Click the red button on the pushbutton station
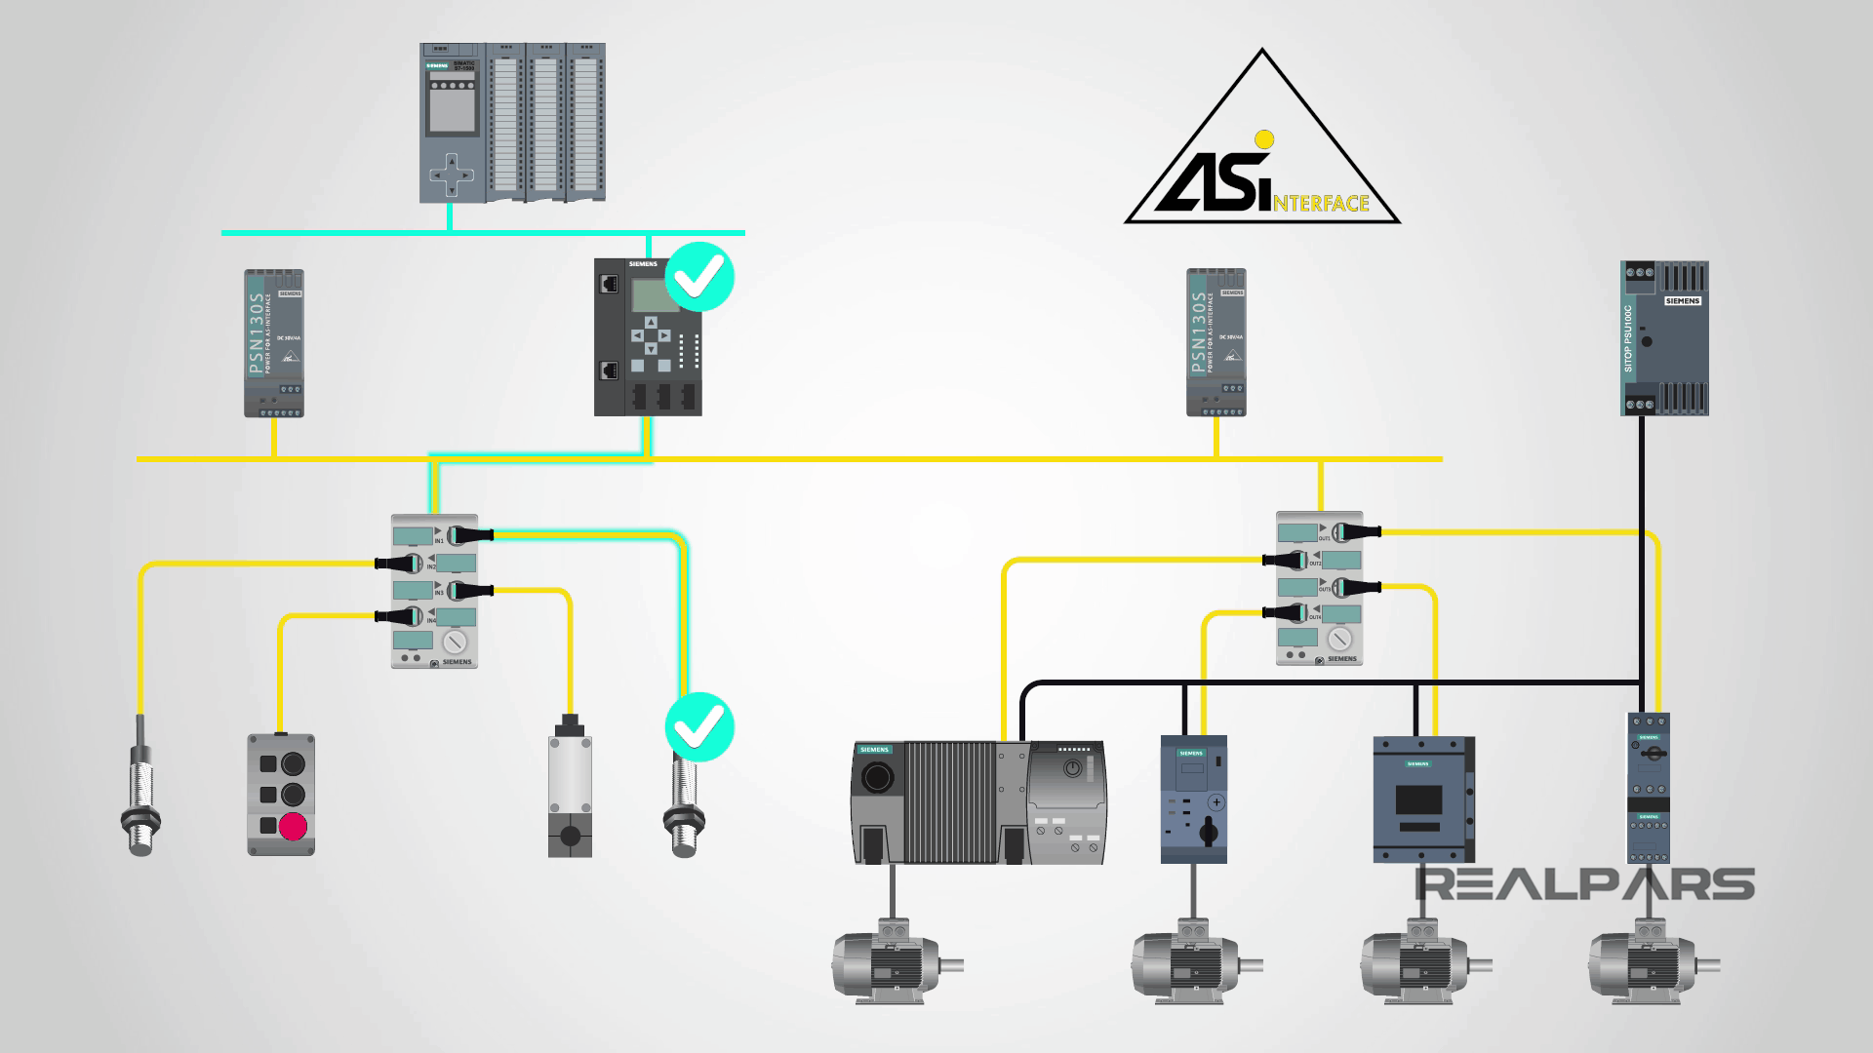coord(292,827)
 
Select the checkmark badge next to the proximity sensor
coord(699,726)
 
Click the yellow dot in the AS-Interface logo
coord(1264,138)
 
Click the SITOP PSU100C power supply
coord(1664,337)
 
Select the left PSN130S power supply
coord(273,343)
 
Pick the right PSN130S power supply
coord(1216,343)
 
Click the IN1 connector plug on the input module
coord(472,534)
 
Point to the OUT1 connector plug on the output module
coord(1358,531)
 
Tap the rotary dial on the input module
coord(453,642)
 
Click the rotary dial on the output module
coord(1339,639)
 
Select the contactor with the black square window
coord(1422,799)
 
